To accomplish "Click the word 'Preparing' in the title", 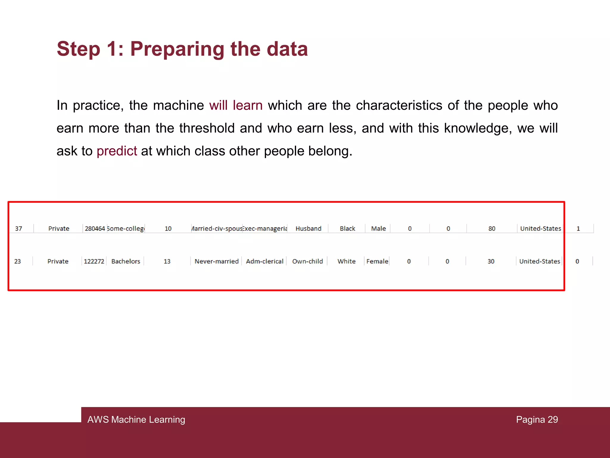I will tap(178, 49).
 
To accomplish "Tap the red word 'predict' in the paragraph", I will tap(117, 151).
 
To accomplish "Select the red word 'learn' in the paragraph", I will tap(248, 106).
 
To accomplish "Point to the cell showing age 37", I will tap(18, 229).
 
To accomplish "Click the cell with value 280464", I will tap(95, 229).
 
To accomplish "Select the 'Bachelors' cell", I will tap(126, 262).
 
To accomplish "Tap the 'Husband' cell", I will tap(308, 229).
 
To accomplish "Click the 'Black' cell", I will tap(347, 229).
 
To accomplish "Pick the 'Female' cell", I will tap(377, 262).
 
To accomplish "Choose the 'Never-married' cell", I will tap(217, 262).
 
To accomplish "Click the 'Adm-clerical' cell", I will tap(264, 262).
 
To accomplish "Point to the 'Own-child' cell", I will tap(307, 262).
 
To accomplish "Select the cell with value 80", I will tap(492, 229).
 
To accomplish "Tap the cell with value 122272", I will tap(94, 262).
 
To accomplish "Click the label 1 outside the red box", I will tap(578, 229).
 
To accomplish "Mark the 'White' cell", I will tap(346, 262).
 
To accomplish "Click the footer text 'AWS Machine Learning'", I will tap(136, 420).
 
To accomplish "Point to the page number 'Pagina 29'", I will tap(537, 420).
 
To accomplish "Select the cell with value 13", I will tap(167, 262).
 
